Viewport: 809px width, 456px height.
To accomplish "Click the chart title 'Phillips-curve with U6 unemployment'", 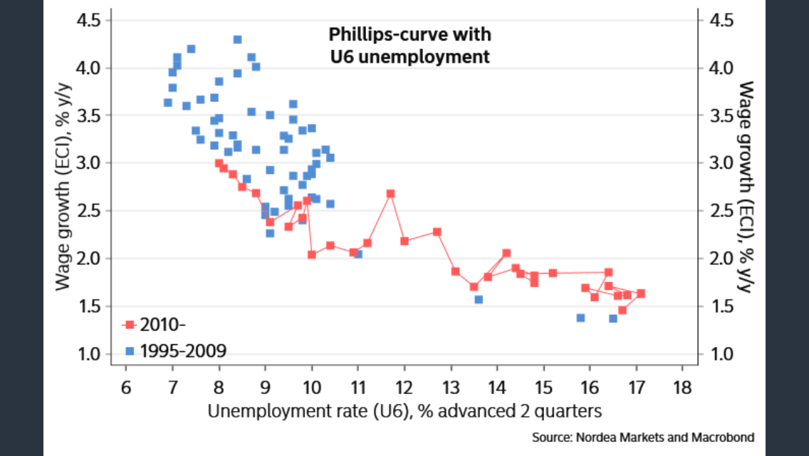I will tap(409, 45).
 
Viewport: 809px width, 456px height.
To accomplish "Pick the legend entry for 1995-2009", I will tap(174, 351).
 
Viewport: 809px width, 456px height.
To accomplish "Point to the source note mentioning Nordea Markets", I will tap(643, 436).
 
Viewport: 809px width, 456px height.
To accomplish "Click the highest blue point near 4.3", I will tap(237, 40).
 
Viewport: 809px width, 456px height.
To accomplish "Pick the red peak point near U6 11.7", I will tap(390, 194).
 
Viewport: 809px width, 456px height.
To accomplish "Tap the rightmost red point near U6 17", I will tap(641, 294).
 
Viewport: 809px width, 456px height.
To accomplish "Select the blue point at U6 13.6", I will tap(479, 299).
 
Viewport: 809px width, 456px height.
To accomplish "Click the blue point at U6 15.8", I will tap(580, 318).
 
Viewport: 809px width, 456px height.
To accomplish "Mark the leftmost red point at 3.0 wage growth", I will tap(219, 163).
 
